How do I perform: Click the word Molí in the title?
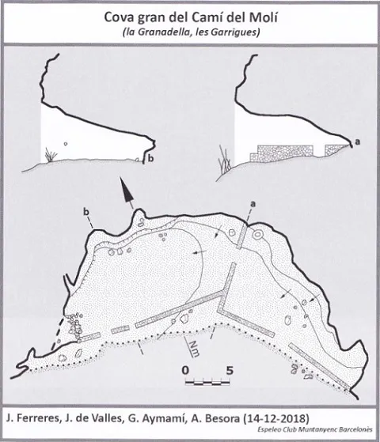[x=264, y=17]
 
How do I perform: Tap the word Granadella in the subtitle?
[x=159, y=32]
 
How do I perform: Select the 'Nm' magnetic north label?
[x=193, y=348]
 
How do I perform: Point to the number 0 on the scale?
[x=185, y=370]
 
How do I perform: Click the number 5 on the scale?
[x=230, y=370]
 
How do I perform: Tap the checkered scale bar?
[x=207, y=383]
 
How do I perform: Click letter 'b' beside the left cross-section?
[x=151, y=158]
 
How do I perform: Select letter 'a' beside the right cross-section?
[x=357, y=142]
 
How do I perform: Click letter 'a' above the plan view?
[x=253, y=203]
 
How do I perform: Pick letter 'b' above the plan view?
[x=86, y=212]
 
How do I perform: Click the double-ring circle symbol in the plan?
[x=257, y=234]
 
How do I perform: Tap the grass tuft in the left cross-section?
[x=51, y=155]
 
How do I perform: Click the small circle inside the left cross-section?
[x=66, y=144]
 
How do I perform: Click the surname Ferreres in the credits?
[x=37, y=418]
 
